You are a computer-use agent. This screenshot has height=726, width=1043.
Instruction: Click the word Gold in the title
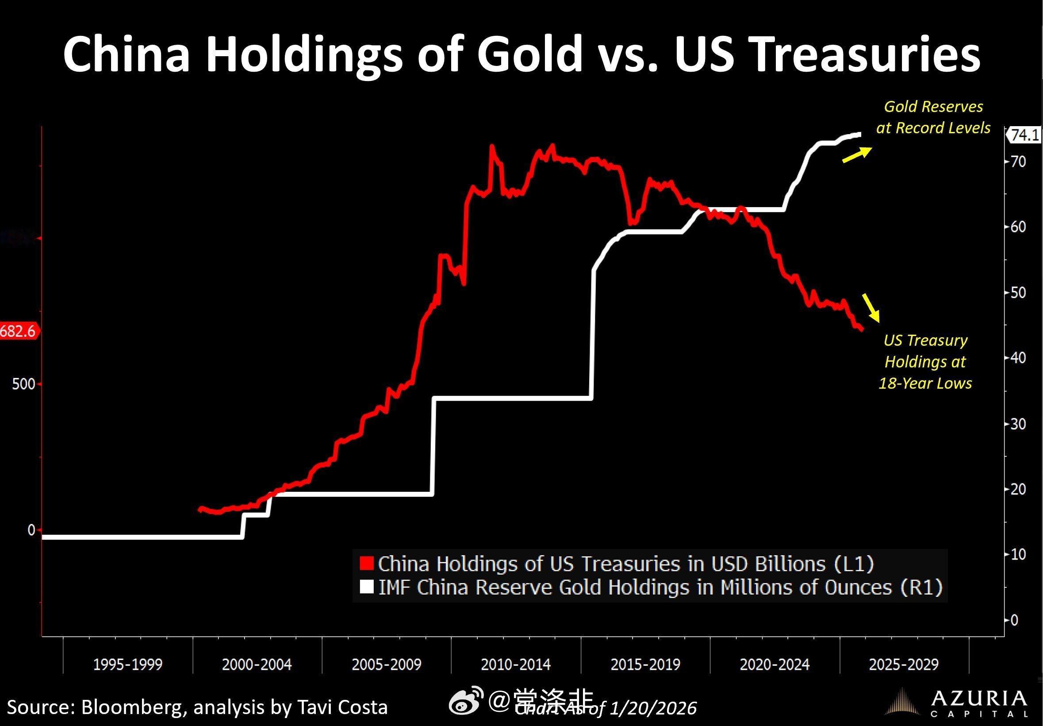tap(529, 54)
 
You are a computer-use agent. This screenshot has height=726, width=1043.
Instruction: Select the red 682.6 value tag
tap(18, 331)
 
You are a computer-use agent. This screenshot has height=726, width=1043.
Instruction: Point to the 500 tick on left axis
tap(23, 384)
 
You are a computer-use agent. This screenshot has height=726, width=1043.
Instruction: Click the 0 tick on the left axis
tap(31, 530)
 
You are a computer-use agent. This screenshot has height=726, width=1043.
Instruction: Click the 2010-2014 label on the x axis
tap(516, 664)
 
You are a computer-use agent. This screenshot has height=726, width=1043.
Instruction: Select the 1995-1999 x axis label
tap(128, 664)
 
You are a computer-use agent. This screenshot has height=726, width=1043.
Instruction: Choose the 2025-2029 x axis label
tap(904, 664)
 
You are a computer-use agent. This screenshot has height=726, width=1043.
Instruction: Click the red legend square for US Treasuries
tap(366, 564)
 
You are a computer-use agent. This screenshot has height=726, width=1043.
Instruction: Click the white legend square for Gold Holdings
tap(366, 587)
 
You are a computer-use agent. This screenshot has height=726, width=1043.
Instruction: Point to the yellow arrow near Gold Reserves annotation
tap(857, 154)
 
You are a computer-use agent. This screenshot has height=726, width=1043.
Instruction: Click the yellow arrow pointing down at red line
tap(871, 308)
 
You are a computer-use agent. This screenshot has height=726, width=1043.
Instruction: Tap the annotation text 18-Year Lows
tap(925, 383)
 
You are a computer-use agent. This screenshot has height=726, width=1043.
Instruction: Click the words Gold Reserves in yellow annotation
tap(933, 106)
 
